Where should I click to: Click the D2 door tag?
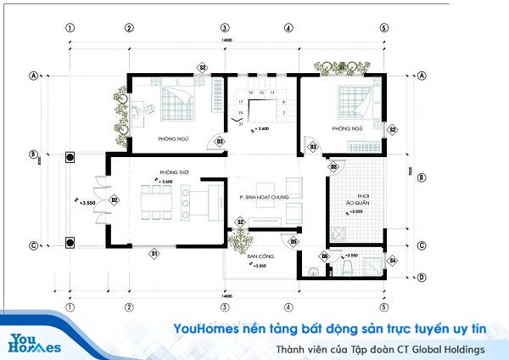(113, 200)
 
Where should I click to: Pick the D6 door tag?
(325, 256)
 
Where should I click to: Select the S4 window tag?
(392, 259)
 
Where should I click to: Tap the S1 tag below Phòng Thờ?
(154, 252)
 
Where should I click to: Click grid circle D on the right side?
(422, 278)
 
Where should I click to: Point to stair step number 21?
(241, 125)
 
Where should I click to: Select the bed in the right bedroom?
(351, 102)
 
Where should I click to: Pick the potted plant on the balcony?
(237, 241)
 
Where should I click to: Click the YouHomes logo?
(34, 340)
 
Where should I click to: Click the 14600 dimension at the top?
(227, 40)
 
